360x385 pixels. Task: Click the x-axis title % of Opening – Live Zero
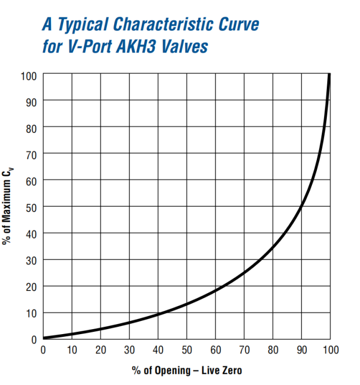(187, 370)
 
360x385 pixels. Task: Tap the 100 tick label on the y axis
(28, 74)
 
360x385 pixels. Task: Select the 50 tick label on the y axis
(31, 207)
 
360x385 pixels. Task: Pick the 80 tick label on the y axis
(31, 127)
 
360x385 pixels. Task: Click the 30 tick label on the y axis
(31, 260)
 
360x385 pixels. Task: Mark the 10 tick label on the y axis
(31, 313)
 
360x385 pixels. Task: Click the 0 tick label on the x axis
(43, 350)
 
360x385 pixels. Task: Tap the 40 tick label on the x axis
(158, 350)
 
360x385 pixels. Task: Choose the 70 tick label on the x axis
(244, 350)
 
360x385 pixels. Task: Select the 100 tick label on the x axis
(331, 350)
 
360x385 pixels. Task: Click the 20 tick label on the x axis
(100, 350)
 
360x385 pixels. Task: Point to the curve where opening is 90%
(302, 206)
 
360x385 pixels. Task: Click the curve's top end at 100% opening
(330, 75)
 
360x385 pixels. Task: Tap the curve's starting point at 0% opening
(43, 338)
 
